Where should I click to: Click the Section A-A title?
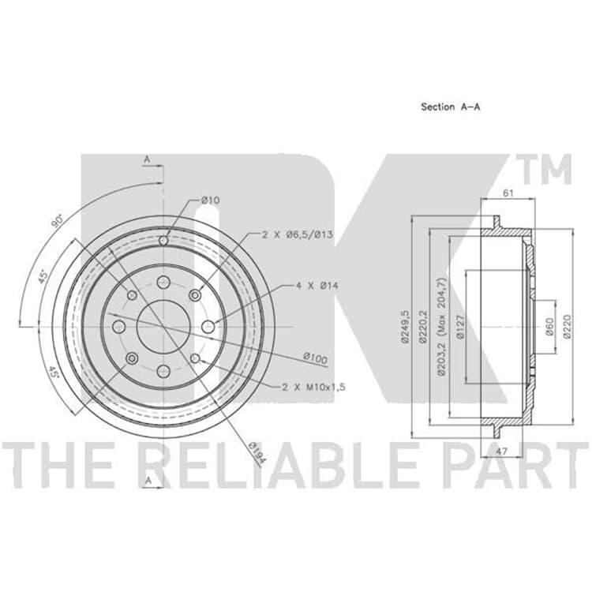click(x=451, y=107)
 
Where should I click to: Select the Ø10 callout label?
click(x=210, y=200)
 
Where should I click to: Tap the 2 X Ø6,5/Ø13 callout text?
click(x=298, y=234)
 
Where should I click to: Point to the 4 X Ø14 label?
click(x=317, y=286)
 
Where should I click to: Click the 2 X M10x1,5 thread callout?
click(x=313, y=387)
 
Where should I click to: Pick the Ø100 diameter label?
click(x=316, y=358)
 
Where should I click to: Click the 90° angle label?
click(x=58, y=221)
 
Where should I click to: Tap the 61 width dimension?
click(x=508, y=193)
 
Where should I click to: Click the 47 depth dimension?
click(x=501, y=451)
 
